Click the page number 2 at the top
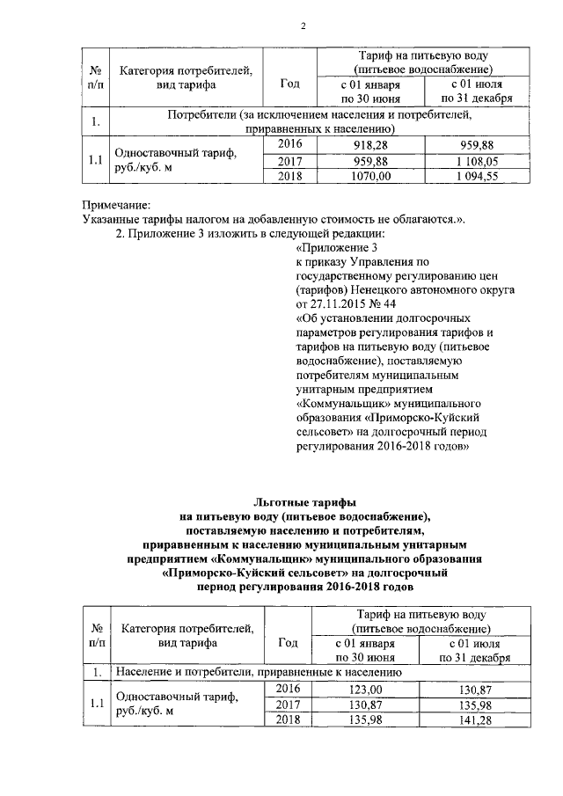(x=303, y=25)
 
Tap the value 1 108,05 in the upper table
(x=478, y=161)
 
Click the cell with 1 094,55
(x=478, y=177)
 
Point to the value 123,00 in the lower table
(x=367, y=689)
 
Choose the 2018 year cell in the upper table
(x=289, y=177)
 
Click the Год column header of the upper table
(x=289, y=84)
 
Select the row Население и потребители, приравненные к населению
(x=260, y=672)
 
